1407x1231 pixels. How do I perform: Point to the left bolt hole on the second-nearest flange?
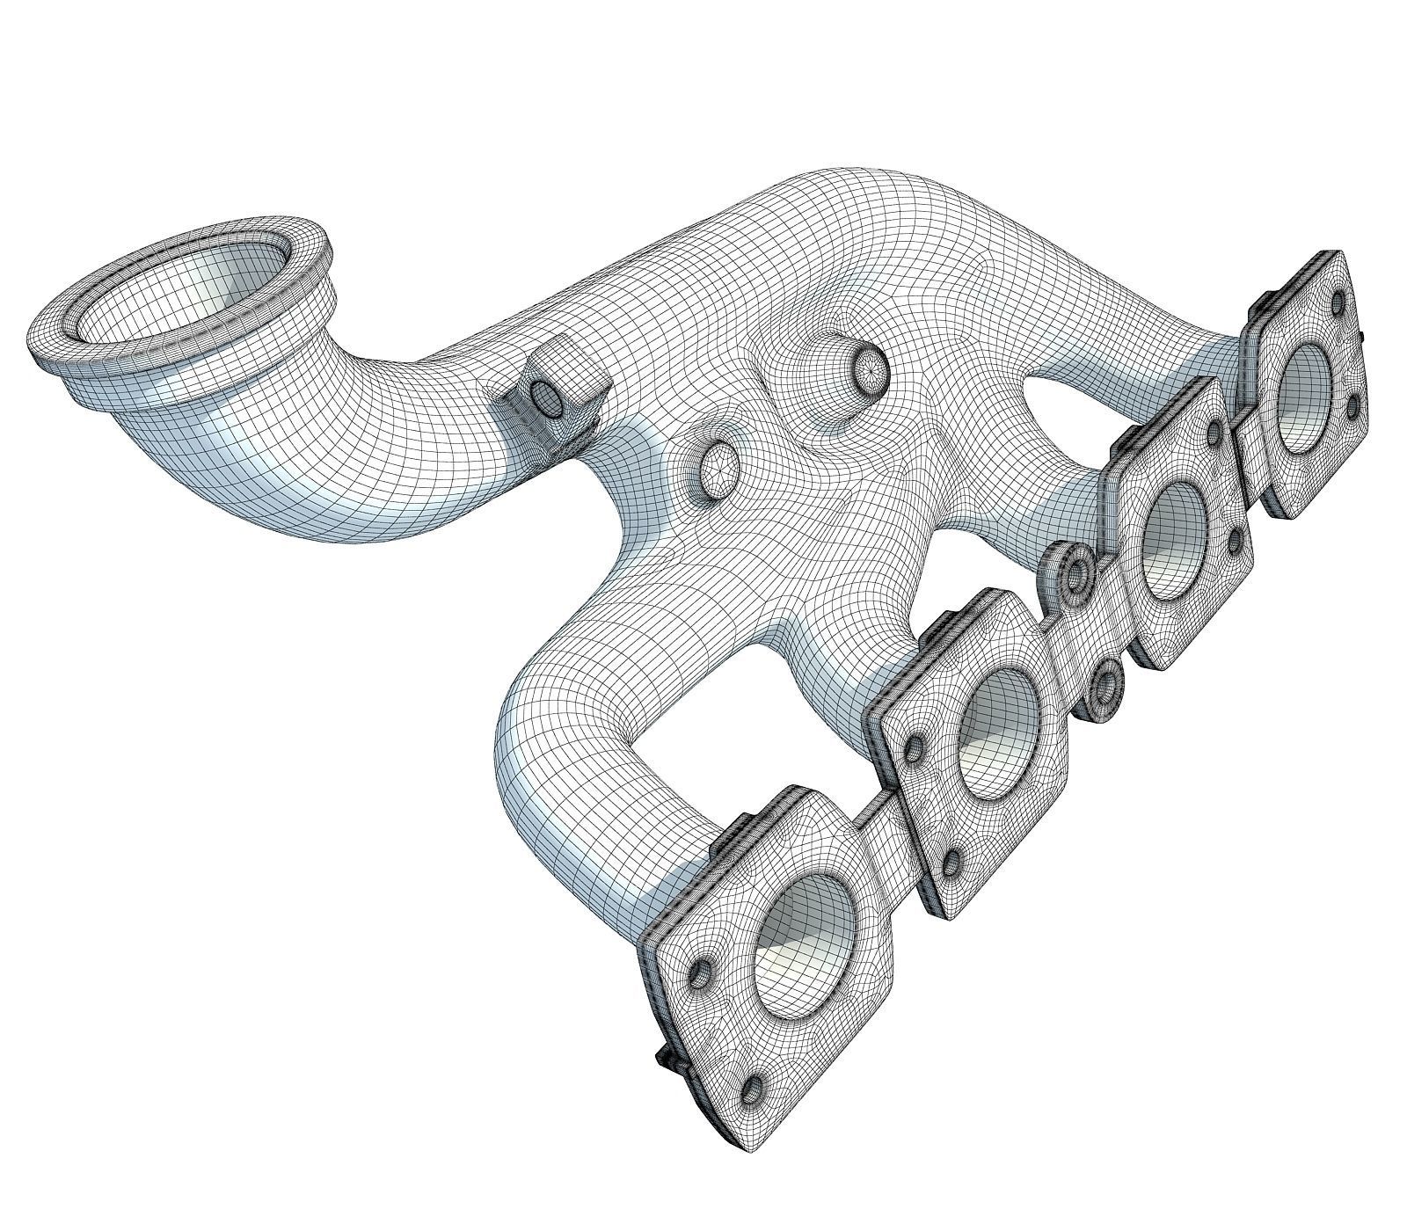point(915,747)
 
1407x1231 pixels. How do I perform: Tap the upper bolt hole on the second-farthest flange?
point(1214,431)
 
